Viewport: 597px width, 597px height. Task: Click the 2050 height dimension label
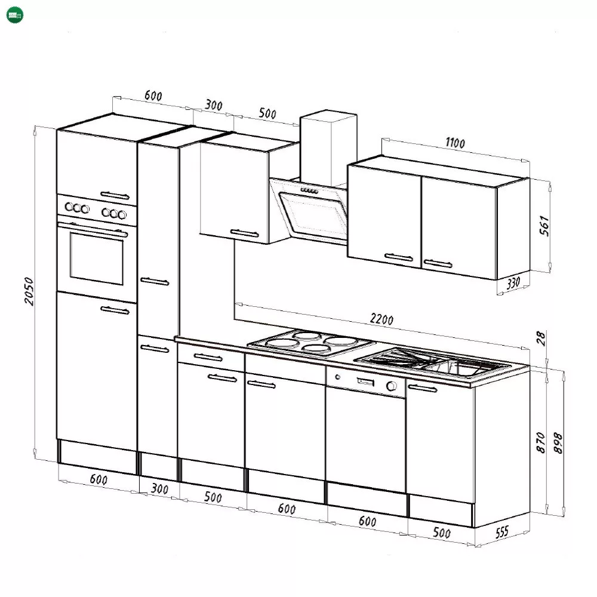(29, 291)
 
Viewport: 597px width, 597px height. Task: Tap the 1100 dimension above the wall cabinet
(455, 143)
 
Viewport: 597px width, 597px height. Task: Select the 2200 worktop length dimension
(381, 319)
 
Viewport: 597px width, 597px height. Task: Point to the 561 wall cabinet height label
(544, 226)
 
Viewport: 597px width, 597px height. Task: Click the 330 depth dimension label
(513, 283)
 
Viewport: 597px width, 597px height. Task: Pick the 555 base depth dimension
(502, 532)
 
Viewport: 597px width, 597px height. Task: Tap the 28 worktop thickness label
(541, 338)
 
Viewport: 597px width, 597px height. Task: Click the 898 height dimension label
(558, 443)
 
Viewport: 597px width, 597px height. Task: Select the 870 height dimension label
(541, 442)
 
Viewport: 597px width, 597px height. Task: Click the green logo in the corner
(15, 15)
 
